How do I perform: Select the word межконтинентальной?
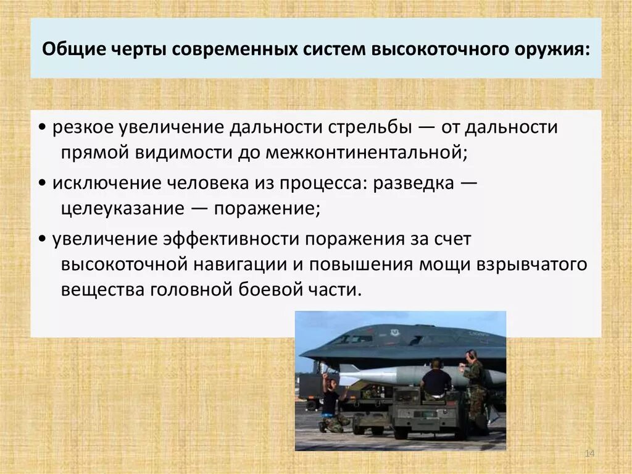(364, 152)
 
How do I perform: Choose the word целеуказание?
(123, 208)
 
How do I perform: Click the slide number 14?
(589, 454)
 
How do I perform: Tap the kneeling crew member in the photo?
(331, 405)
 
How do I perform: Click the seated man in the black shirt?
(436, 379)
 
